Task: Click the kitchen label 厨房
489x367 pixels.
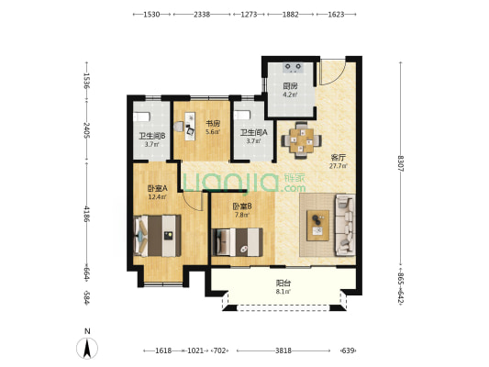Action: point(290,85)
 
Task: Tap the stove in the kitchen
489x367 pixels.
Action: point(294,67)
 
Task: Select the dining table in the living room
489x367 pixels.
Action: point(301,140)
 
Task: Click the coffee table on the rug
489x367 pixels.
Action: point(317,226)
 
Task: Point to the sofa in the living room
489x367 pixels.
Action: point(345,225)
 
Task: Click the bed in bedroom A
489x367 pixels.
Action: point(158,236)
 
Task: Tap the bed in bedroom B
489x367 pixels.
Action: point(237,242)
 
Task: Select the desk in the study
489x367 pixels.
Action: point(190,127)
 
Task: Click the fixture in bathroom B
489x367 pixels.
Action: point(141,117)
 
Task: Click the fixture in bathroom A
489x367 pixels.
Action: point(242,115)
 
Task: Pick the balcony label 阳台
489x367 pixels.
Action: point(283,284)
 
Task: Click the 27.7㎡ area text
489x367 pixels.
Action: point(339,166)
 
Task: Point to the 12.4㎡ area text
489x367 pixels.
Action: point(158,196)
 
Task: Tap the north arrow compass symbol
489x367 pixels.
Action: point(87,348)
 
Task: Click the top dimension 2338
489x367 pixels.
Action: point(202,15)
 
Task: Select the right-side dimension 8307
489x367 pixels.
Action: point(401,163)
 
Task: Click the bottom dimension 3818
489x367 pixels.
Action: point(283,350)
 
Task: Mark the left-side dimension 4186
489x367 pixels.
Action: point(86,214)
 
